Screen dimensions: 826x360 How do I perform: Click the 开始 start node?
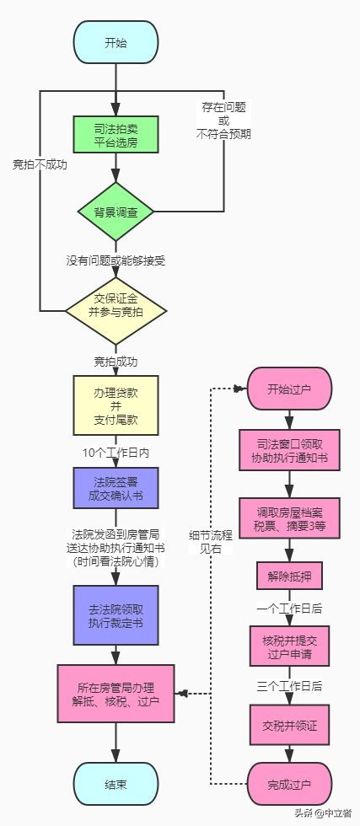[x=116, y=42]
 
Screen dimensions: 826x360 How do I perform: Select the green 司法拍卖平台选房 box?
[x=116, y=137]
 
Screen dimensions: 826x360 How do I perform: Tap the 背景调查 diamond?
[x=116, y=210]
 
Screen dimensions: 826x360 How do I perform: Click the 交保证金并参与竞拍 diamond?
[x=116, y=311]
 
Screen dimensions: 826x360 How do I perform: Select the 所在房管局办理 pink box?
[x=116, y=693]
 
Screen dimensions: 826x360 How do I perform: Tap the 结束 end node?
[x=116, y=784]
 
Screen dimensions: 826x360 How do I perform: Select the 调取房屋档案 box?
[x=289, y=516]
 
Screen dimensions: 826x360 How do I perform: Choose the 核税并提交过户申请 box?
[x=289, y=645]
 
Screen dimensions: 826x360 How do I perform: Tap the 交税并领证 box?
[x=289, y=722]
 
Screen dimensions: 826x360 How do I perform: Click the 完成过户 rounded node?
[x=289, y=784]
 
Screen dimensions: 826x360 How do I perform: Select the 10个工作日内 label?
[x=116, y=452]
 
